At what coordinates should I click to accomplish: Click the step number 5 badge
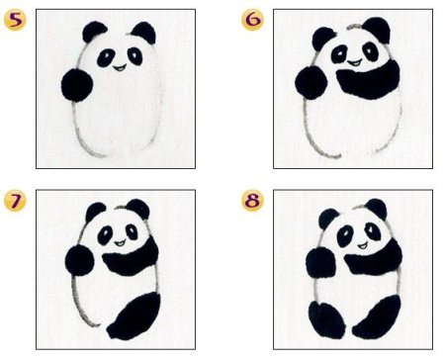coord(15,21)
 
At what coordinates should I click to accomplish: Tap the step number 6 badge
coord(252,20)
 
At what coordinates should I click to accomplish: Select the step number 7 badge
coord(15,201)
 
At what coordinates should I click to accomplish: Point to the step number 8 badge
coord(252,201)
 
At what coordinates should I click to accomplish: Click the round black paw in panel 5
coord(77,85)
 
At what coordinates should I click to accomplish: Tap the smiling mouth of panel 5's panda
coord(120,68)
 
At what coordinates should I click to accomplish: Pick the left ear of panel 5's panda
coord(94,32)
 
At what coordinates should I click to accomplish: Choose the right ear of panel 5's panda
coord(144,33)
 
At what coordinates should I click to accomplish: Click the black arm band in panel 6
coord(369,82)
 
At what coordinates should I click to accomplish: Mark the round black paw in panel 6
coord(311,82)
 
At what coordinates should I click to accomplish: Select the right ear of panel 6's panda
coord(377,30)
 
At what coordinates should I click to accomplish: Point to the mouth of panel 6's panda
coord(354,62)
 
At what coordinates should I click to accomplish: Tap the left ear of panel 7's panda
coord(96,213)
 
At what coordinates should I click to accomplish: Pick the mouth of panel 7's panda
coord(120,243)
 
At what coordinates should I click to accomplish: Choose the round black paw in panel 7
coord(79,260)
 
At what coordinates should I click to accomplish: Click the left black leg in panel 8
coord(326,319)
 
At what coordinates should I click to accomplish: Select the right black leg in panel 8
coord(377,317)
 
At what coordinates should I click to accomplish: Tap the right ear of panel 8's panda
coord(377,209)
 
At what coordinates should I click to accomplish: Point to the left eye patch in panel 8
coord(345,236)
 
